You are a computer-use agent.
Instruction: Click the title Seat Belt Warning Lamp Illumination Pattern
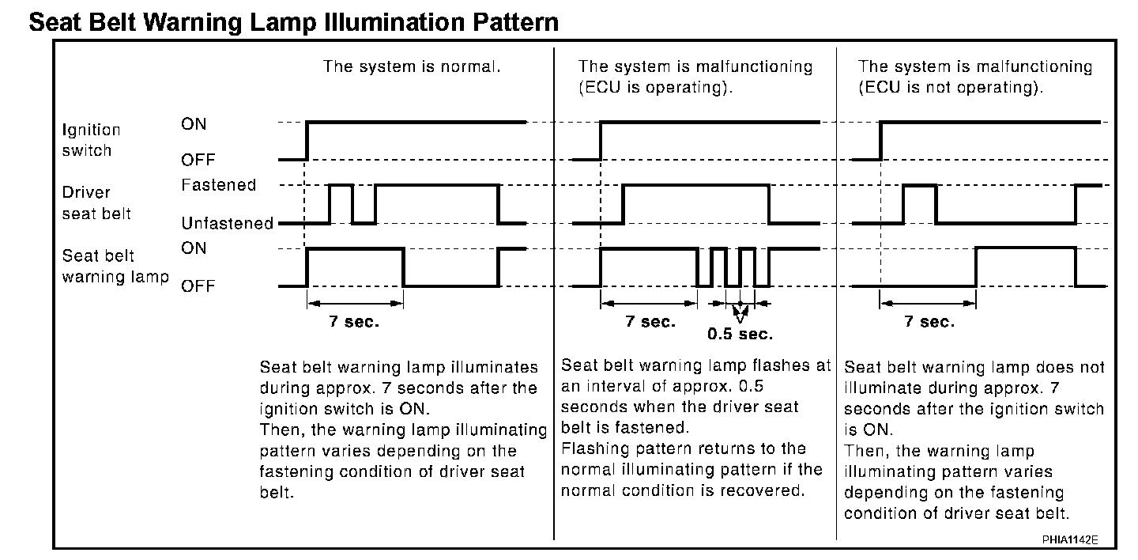tap(293, 21)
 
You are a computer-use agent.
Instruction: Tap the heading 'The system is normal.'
tap(412, 66)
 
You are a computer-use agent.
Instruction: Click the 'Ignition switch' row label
tap(92, 140)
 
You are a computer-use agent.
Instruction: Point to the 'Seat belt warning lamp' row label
tap(115, 267)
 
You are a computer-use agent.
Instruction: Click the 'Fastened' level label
tap(219, 185)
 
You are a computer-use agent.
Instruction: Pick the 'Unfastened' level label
tap(227, 224)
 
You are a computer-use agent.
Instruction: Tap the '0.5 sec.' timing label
tap(740, 335)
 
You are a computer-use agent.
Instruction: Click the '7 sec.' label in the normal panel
tap(354, 322)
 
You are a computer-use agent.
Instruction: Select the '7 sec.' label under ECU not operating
tap(929, 322)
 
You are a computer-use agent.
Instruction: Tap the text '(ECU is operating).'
tap(655, 88)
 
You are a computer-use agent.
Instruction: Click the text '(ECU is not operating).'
tap(951, 88)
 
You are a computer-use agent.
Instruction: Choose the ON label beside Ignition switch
tap(194, 124)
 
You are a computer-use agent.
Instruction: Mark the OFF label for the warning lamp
tap(198, 286)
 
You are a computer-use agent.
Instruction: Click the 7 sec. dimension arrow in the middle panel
tap(649, 302)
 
